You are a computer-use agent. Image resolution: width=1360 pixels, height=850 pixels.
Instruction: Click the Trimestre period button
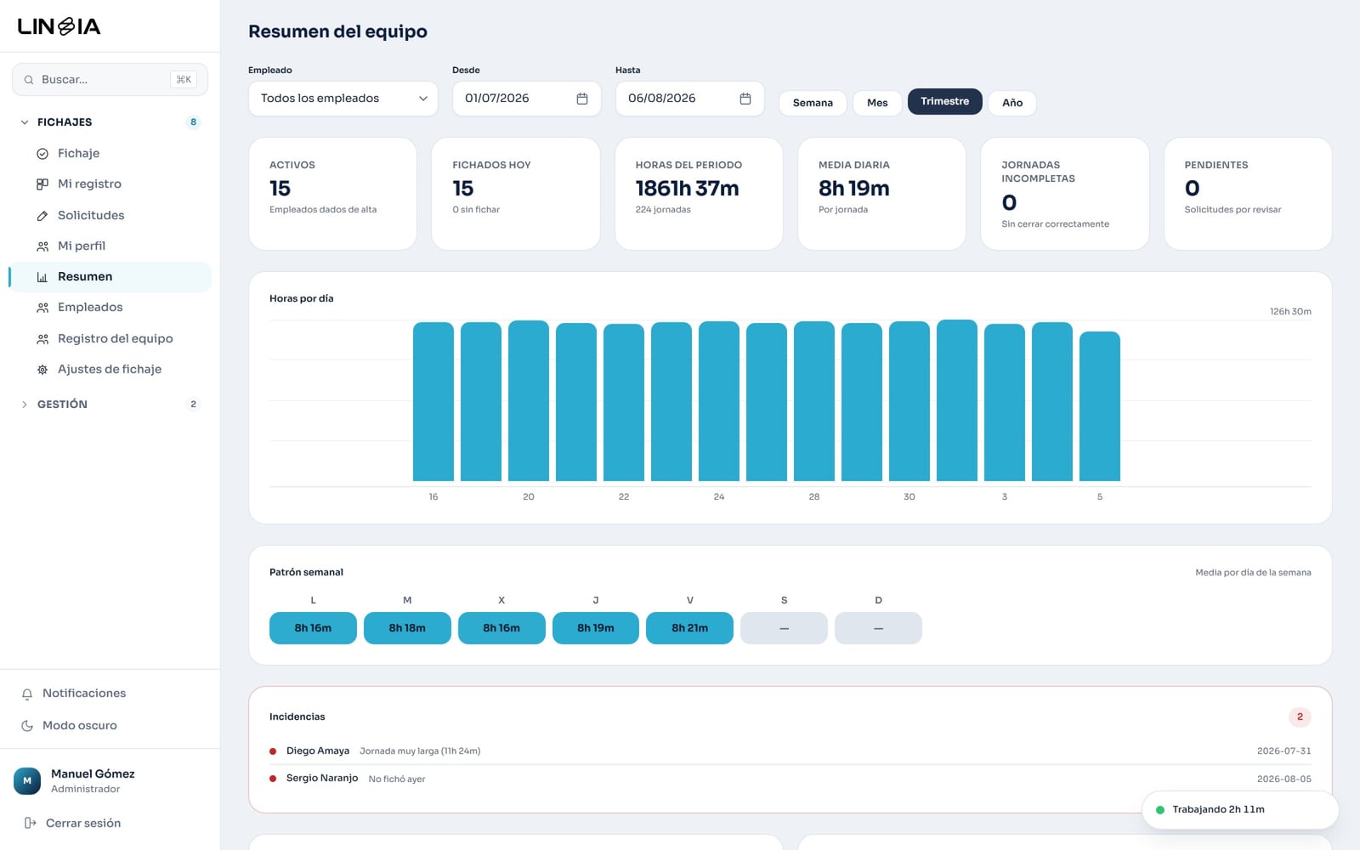pyautogui.click(x=944, y=101)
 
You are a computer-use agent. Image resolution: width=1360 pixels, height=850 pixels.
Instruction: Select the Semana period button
pyautogui.click(x=813, y=103)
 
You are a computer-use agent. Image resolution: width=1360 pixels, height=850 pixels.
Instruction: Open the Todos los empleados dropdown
pyautogui.click(x=343, y=99)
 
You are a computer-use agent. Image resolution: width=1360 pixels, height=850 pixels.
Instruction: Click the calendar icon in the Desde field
pyautogui.click(x=581, y=99)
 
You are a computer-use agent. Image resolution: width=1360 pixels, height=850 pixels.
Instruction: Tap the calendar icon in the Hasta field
pyautogui.click(x=745, y=99)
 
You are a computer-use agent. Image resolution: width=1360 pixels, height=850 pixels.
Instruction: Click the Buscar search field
pyautogui.click(x=110, y=80)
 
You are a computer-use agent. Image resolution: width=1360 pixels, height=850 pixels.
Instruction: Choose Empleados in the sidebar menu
pyautogui.click(x=90, y=307)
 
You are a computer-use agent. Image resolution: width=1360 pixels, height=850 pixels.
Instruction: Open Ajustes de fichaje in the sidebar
pyautogui.click(x=110, y=369)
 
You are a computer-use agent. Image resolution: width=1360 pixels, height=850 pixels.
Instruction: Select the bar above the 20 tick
pyautogui.click(x=528, y=400)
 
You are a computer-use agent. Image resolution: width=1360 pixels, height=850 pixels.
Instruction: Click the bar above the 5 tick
pyautogui.click(x=1100, y=406)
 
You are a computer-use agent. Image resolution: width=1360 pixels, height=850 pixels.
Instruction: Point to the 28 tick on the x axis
pyautogui.click(x=814, y=496)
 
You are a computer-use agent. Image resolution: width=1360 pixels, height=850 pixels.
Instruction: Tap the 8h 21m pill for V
pyautogui.click(x=689, y=628)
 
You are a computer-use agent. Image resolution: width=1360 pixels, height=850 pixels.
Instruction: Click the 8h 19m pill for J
pyautogui.click(x=596, y=628)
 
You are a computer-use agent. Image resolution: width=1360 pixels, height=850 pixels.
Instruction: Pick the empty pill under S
pyautogui.click(x=784, y=628)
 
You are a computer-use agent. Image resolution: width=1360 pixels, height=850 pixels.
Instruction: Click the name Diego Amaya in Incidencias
pyautogui.click(x=318, y=751)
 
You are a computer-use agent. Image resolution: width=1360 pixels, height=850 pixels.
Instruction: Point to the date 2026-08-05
pyautogui.click(x=1284, y=779)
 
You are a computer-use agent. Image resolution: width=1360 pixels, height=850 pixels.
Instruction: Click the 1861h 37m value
pyautogui.click(x=688, y=188)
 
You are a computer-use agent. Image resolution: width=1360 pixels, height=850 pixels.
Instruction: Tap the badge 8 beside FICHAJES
pyautogui.click(x=193, y=122)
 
